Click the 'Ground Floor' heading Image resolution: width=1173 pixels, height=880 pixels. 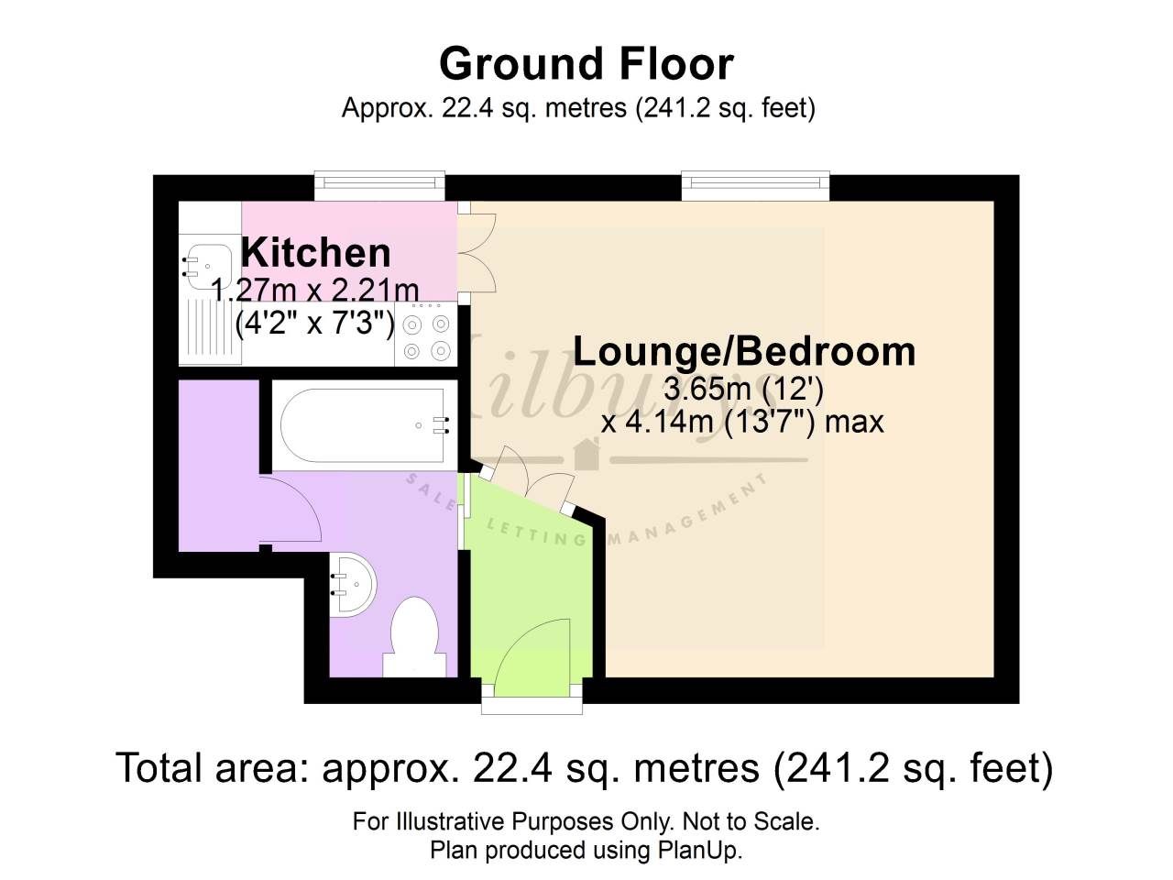[586, 64]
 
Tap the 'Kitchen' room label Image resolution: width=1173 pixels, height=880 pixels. [316, 252]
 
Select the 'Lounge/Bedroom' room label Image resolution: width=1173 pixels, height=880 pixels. [744, 352]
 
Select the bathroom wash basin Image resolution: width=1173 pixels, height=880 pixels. [353, 583]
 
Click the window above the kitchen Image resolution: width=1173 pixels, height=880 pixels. [379, 186]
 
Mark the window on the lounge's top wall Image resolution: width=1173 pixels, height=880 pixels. [756, 186]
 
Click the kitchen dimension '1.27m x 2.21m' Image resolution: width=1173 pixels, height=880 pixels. [315, 291]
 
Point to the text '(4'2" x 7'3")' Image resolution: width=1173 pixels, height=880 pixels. [315, 323]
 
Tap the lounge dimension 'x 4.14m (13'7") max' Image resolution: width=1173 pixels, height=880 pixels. [742, 422]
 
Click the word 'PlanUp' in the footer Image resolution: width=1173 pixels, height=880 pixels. [696, 850]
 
